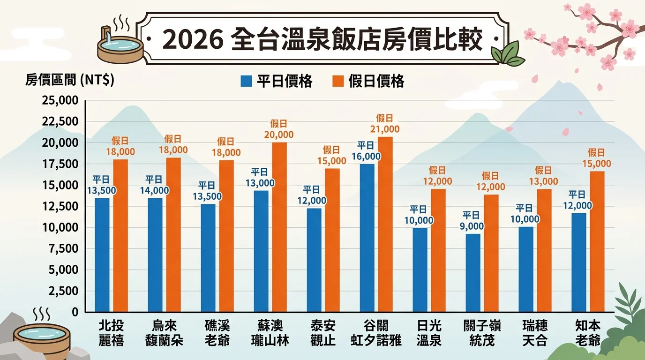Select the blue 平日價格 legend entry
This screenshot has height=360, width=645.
277,81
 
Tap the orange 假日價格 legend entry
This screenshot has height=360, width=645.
368,81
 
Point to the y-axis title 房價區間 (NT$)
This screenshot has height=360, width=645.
70,80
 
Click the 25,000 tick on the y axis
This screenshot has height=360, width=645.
60,100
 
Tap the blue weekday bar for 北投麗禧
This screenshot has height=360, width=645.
102,255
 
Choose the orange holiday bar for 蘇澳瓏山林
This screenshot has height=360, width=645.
279,227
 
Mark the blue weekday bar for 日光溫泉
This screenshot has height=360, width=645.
420,270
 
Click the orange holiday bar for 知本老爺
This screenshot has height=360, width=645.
597,241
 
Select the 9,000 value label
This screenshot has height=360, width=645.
472,225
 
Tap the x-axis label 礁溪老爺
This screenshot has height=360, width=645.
217,333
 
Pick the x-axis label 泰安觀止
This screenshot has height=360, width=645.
323,333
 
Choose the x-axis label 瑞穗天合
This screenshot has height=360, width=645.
535,333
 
